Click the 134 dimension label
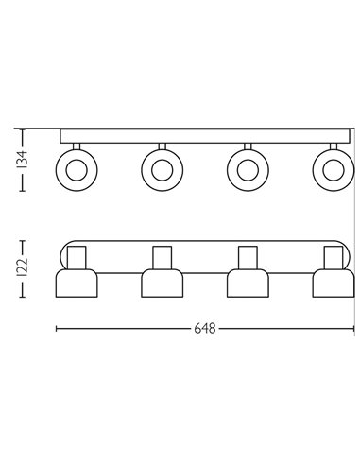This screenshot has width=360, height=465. coord(23,160)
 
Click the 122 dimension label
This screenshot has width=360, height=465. coord(23,267)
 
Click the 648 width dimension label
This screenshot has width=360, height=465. coord(205,329)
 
